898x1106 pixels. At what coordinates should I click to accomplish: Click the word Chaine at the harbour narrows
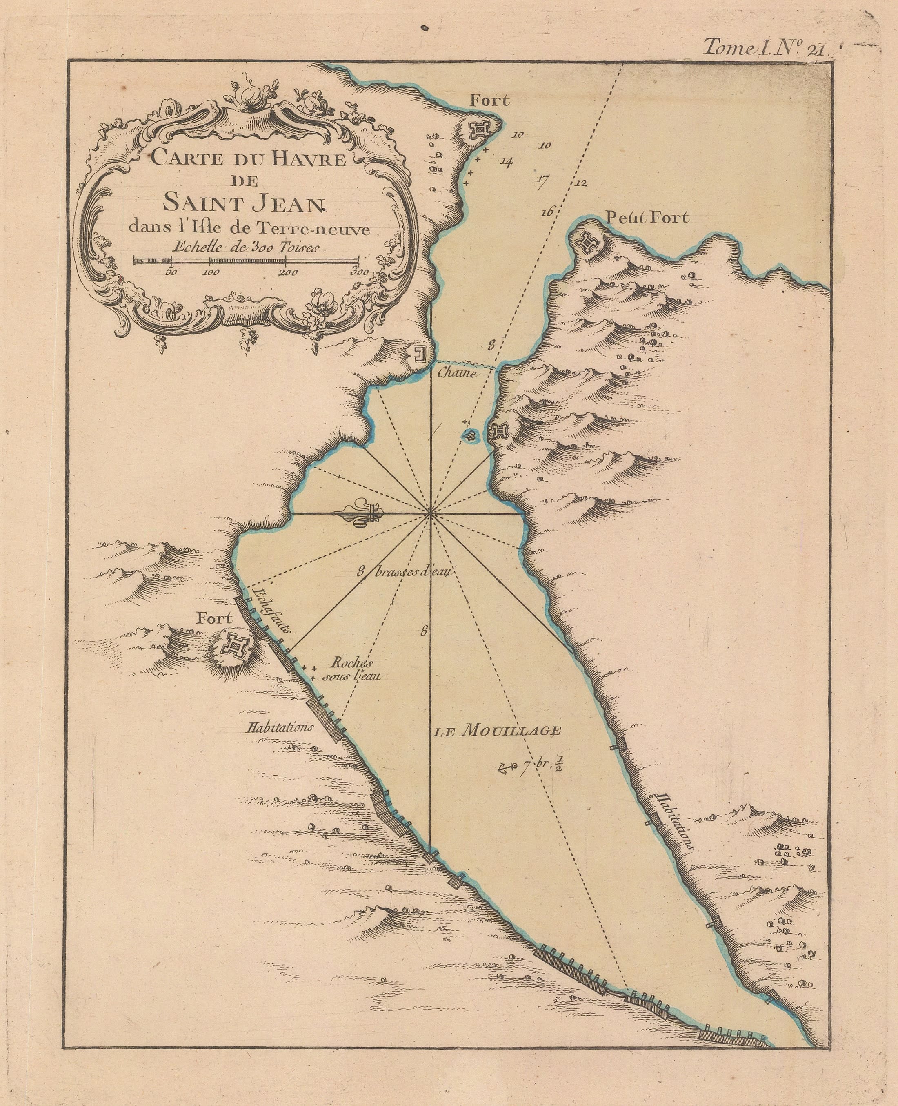[x=456, y=372]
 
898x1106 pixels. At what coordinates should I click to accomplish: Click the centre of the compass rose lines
[x=430, y=514]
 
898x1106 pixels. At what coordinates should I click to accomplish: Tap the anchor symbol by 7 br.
[x=503, y=769]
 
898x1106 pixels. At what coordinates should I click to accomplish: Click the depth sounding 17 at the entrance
[x=542, y=180]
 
